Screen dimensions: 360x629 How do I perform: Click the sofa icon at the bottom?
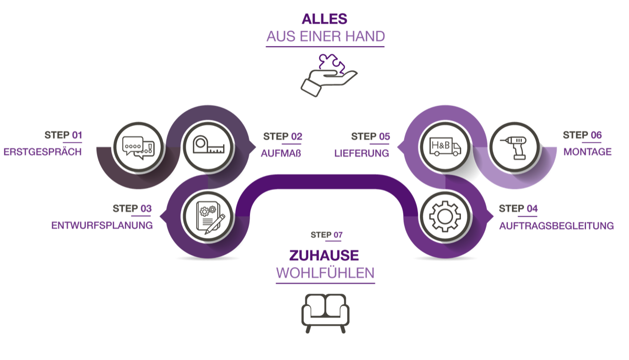(325, 313)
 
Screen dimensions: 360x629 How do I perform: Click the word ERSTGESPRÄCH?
(43, 153)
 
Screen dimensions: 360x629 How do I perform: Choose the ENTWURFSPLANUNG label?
(102, 226)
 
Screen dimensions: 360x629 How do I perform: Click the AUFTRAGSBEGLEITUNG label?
(556, 226)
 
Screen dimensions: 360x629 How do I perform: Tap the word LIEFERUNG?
(362, 154)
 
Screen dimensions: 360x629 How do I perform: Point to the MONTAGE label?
(588, 152)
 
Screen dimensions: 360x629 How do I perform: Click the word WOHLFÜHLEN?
(325, 273)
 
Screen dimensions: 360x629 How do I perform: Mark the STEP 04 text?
(518, 209)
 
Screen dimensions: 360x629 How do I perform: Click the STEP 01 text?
(63, 135)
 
